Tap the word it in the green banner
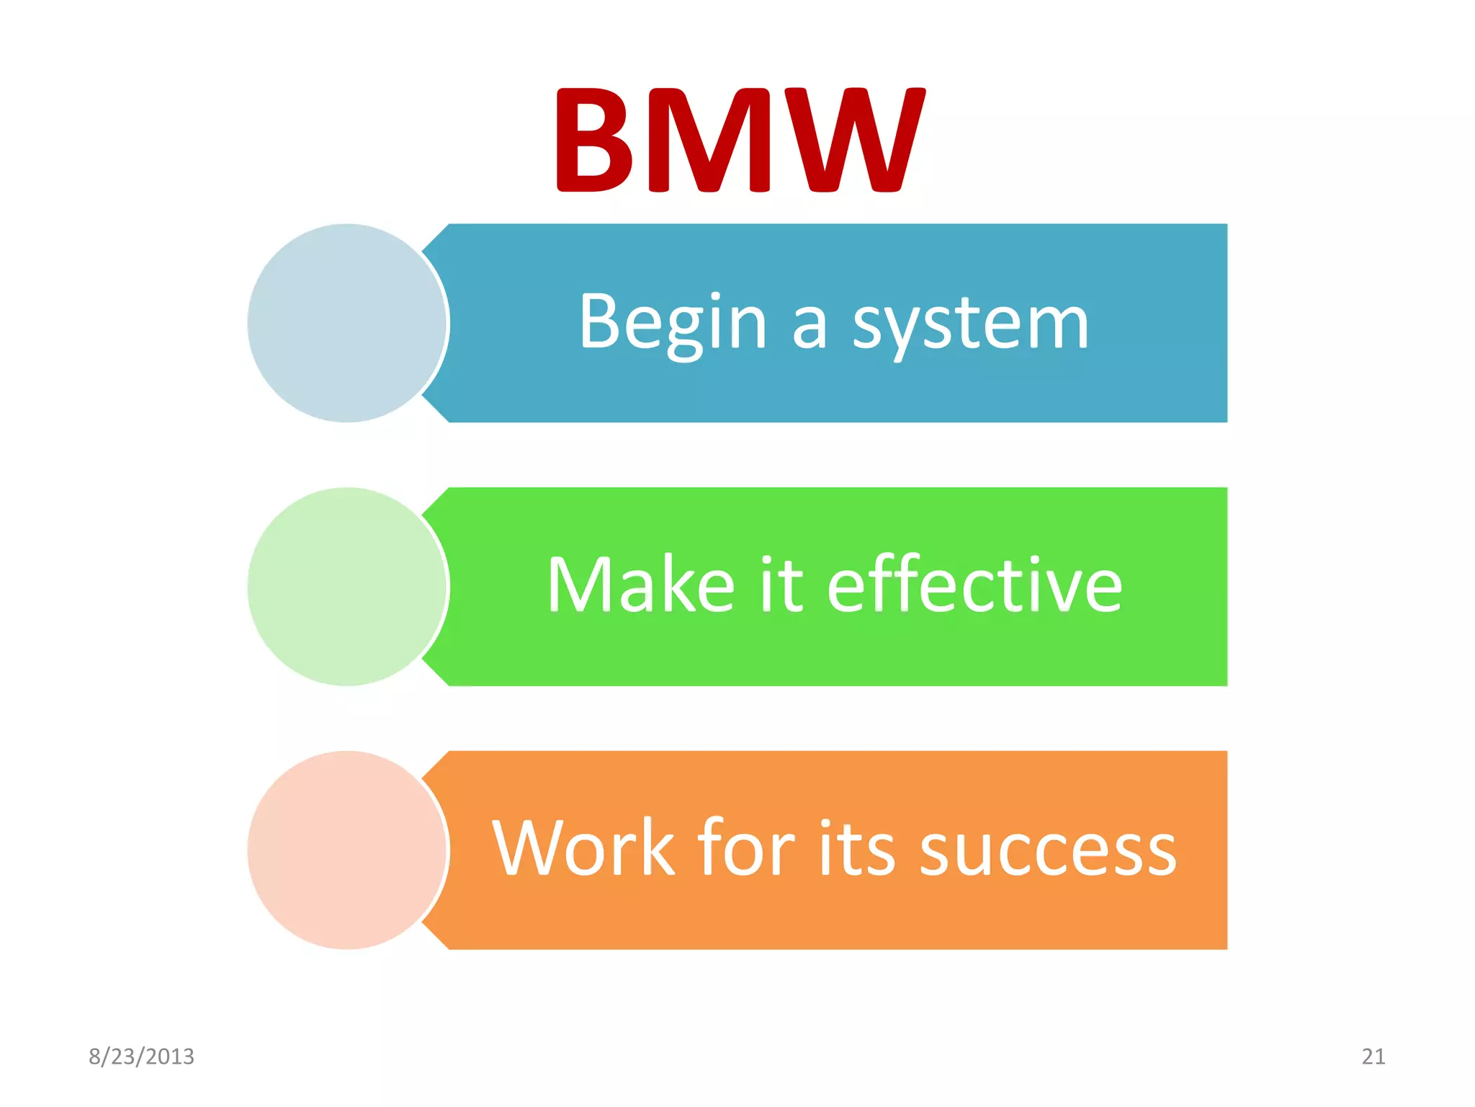[781, 585]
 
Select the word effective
[974, 585]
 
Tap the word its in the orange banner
[856, 849]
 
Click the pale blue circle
[346, 323]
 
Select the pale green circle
[346, 587]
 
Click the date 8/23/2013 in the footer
[141, 1057]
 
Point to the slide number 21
[1373, 1057]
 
